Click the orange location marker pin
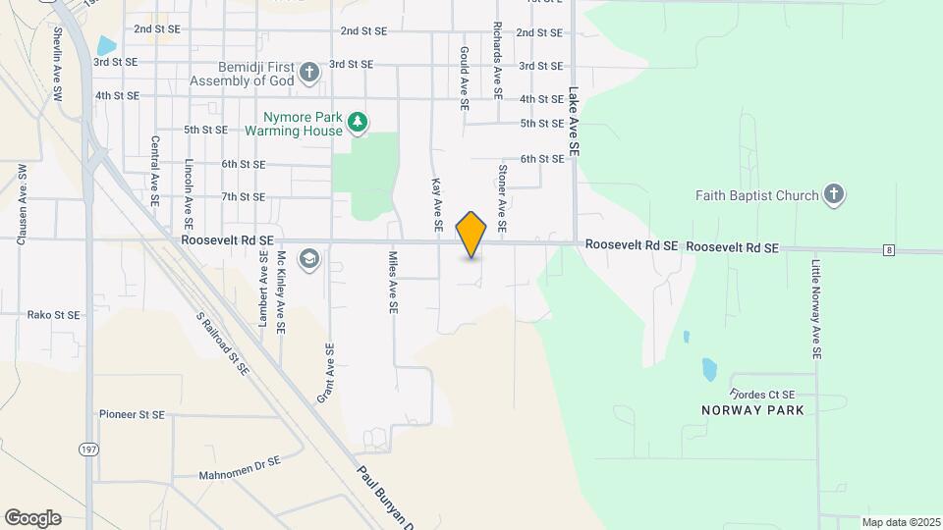(471, 235)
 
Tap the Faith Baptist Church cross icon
(834, 193)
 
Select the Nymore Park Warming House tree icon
(359, 122)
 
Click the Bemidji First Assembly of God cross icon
(309, 72)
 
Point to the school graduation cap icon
(309, 258)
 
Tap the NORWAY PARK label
(752, 409)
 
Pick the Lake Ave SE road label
(573, 123)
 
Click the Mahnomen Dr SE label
(240, 459)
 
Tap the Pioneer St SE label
(132, 414)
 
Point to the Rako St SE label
(53, 315)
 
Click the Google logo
(33, 517)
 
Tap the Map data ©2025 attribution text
(899, 522)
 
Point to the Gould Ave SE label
(464, 75)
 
